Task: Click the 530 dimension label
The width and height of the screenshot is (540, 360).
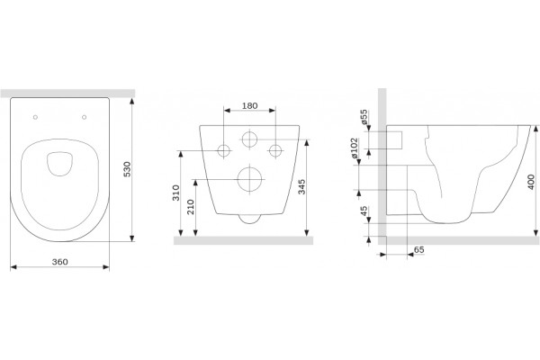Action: [x=127, y=169]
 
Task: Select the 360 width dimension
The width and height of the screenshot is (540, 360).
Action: [x=60, y=262]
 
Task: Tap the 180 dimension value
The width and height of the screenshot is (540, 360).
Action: [x=249, y=106]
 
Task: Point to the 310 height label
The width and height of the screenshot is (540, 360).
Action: [x=176, y=193]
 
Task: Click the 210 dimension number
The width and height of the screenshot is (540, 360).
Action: [x=191, y=207]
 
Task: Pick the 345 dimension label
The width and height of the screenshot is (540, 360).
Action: [x=301, y=186]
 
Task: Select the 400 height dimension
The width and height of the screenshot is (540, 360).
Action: [x=531, y=182]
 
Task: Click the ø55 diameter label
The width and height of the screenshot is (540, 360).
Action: [x=364, y=117]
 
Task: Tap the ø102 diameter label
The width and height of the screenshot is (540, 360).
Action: [x=355, y=148]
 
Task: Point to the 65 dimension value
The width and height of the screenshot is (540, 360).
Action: [x=418, y=250]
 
